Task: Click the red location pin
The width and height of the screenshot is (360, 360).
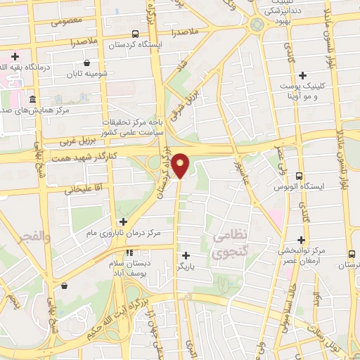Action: click(181, 165)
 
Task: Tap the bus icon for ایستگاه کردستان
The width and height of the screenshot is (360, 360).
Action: click(135, 33)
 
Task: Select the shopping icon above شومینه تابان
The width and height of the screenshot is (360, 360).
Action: click(86, 63)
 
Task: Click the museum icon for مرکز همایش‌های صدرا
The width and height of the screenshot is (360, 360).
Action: click(33, 100)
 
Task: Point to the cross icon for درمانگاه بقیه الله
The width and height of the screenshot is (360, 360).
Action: click(15, 55)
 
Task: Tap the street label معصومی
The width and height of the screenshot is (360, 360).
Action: click(67, 20)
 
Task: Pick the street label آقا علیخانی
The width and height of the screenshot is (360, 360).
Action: click(79, 188)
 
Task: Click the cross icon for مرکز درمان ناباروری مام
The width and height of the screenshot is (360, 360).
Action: click(123, 221)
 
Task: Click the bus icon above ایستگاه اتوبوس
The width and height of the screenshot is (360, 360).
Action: click(300, 176)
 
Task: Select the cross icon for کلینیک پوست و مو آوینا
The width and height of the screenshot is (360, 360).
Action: click(303, 75)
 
